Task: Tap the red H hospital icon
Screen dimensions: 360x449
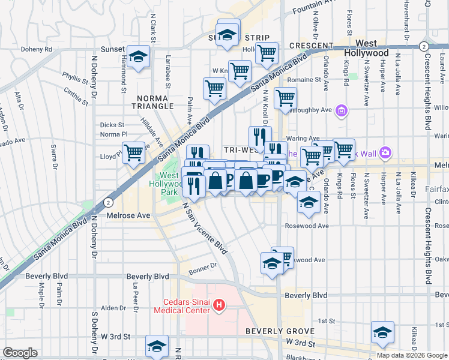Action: [219, 306]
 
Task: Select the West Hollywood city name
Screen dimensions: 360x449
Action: [366, 48]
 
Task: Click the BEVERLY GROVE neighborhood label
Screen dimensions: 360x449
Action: [280, 331]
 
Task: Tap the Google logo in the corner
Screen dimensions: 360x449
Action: [20, 353]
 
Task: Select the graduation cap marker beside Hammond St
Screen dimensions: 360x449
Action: [139, 57]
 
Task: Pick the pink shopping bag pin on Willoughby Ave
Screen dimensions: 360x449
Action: [342, 110]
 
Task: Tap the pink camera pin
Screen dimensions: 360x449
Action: [385, 152]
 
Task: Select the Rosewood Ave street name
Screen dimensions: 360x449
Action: [310, 226]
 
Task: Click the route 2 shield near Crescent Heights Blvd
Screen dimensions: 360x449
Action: [424, 46]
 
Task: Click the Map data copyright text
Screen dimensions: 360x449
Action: [412, 355]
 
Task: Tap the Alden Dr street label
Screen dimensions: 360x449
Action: [113, 308]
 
